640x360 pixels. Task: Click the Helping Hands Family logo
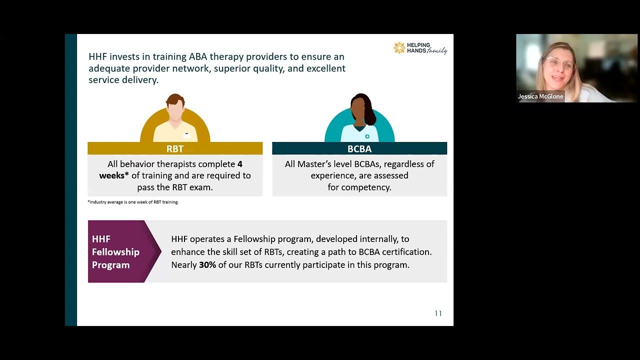tap(420, 48)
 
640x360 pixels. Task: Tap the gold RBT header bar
tap(175, 148)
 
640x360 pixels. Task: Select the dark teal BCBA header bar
tap(359, 148)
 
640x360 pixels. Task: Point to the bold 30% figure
tap(207, 265)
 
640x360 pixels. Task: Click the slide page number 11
tap(438, 313)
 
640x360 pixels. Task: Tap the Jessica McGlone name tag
tap(540, 96)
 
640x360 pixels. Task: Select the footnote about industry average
tap(133, 202)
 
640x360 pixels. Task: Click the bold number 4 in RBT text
tap(240, 164)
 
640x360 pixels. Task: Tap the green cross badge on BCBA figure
tap(367, 136)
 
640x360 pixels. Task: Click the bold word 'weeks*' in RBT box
tap(114, 175)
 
